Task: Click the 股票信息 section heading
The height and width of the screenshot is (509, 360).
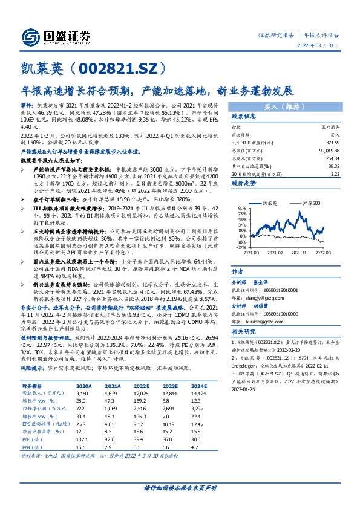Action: (244, 116)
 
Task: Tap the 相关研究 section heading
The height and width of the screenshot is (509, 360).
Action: (244, 332)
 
